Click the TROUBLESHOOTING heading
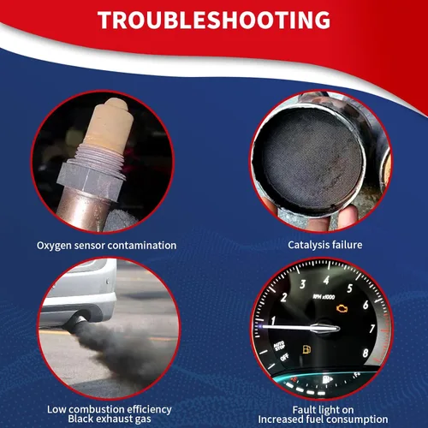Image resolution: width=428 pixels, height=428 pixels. pyautogui.click(x=214, y=20)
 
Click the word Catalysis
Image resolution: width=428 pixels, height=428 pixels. pyautogui.click(x=306, y=245)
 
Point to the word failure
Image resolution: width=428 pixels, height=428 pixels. pyautogui.click(x=344, y=245)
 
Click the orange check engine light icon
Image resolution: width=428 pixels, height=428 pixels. pyautogui.click(x=342, y=309)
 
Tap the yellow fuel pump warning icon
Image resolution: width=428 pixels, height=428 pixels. pyautogui.click(x=306, y=349)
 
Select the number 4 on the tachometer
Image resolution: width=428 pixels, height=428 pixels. pyautogui.click(x=326, y=281)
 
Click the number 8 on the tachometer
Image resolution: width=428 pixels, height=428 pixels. pyautogui.click(x=366, y=354)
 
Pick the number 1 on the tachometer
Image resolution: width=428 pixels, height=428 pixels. pyautogui.click(x=273, y=321)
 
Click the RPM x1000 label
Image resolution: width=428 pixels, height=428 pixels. pyautogui.click(x=324, y=297)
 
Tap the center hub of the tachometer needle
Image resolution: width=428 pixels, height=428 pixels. pyautogui.click(x=325, y=329)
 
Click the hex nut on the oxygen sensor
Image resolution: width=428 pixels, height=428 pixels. pyautogui.click(x=91, y=180)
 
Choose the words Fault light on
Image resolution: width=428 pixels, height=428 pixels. pyautogui.click(x=323, y=410)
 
